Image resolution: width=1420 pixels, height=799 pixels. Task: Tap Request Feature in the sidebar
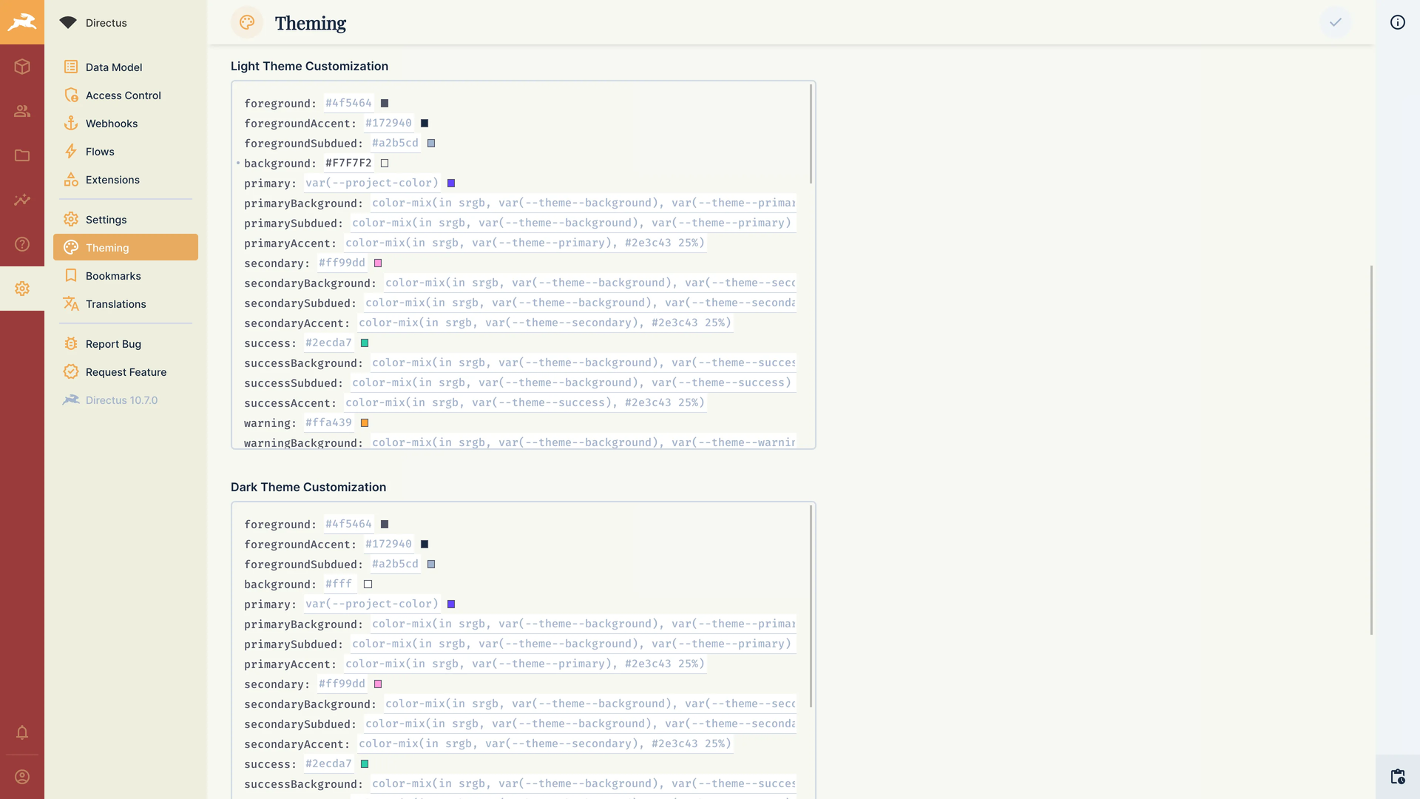pyautogui.click(x=125, y=372)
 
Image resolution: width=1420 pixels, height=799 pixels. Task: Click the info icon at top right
pyautogui.click(x=1397, y=22)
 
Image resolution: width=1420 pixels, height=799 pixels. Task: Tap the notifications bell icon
pyautogui.click(x=22, y=732)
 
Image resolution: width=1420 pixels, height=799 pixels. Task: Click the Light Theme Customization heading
pyautogui.click(x=309, y=67)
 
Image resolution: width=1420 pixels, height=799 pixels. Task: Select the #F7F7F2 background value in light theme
pyautogui.click(x=348, y=163)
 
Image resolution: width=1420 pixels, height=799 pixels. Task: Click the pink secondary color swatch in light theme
pyautogui.click(x=378, y=263)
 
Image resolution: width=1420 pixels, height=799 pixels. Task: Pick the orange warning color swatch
pyautogui.click(x=365, y=423)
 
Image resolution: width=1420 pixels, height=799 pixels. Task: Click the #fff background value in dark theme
pyautogui.click(x=339, y=584)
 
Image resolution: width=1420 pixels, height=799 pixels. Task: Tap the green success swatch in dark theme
pyautogui.click(x=365, y=764)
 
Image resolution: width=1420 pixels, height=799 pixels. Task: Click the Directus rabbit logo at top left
pyautogui.click(x=22, y=22)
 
